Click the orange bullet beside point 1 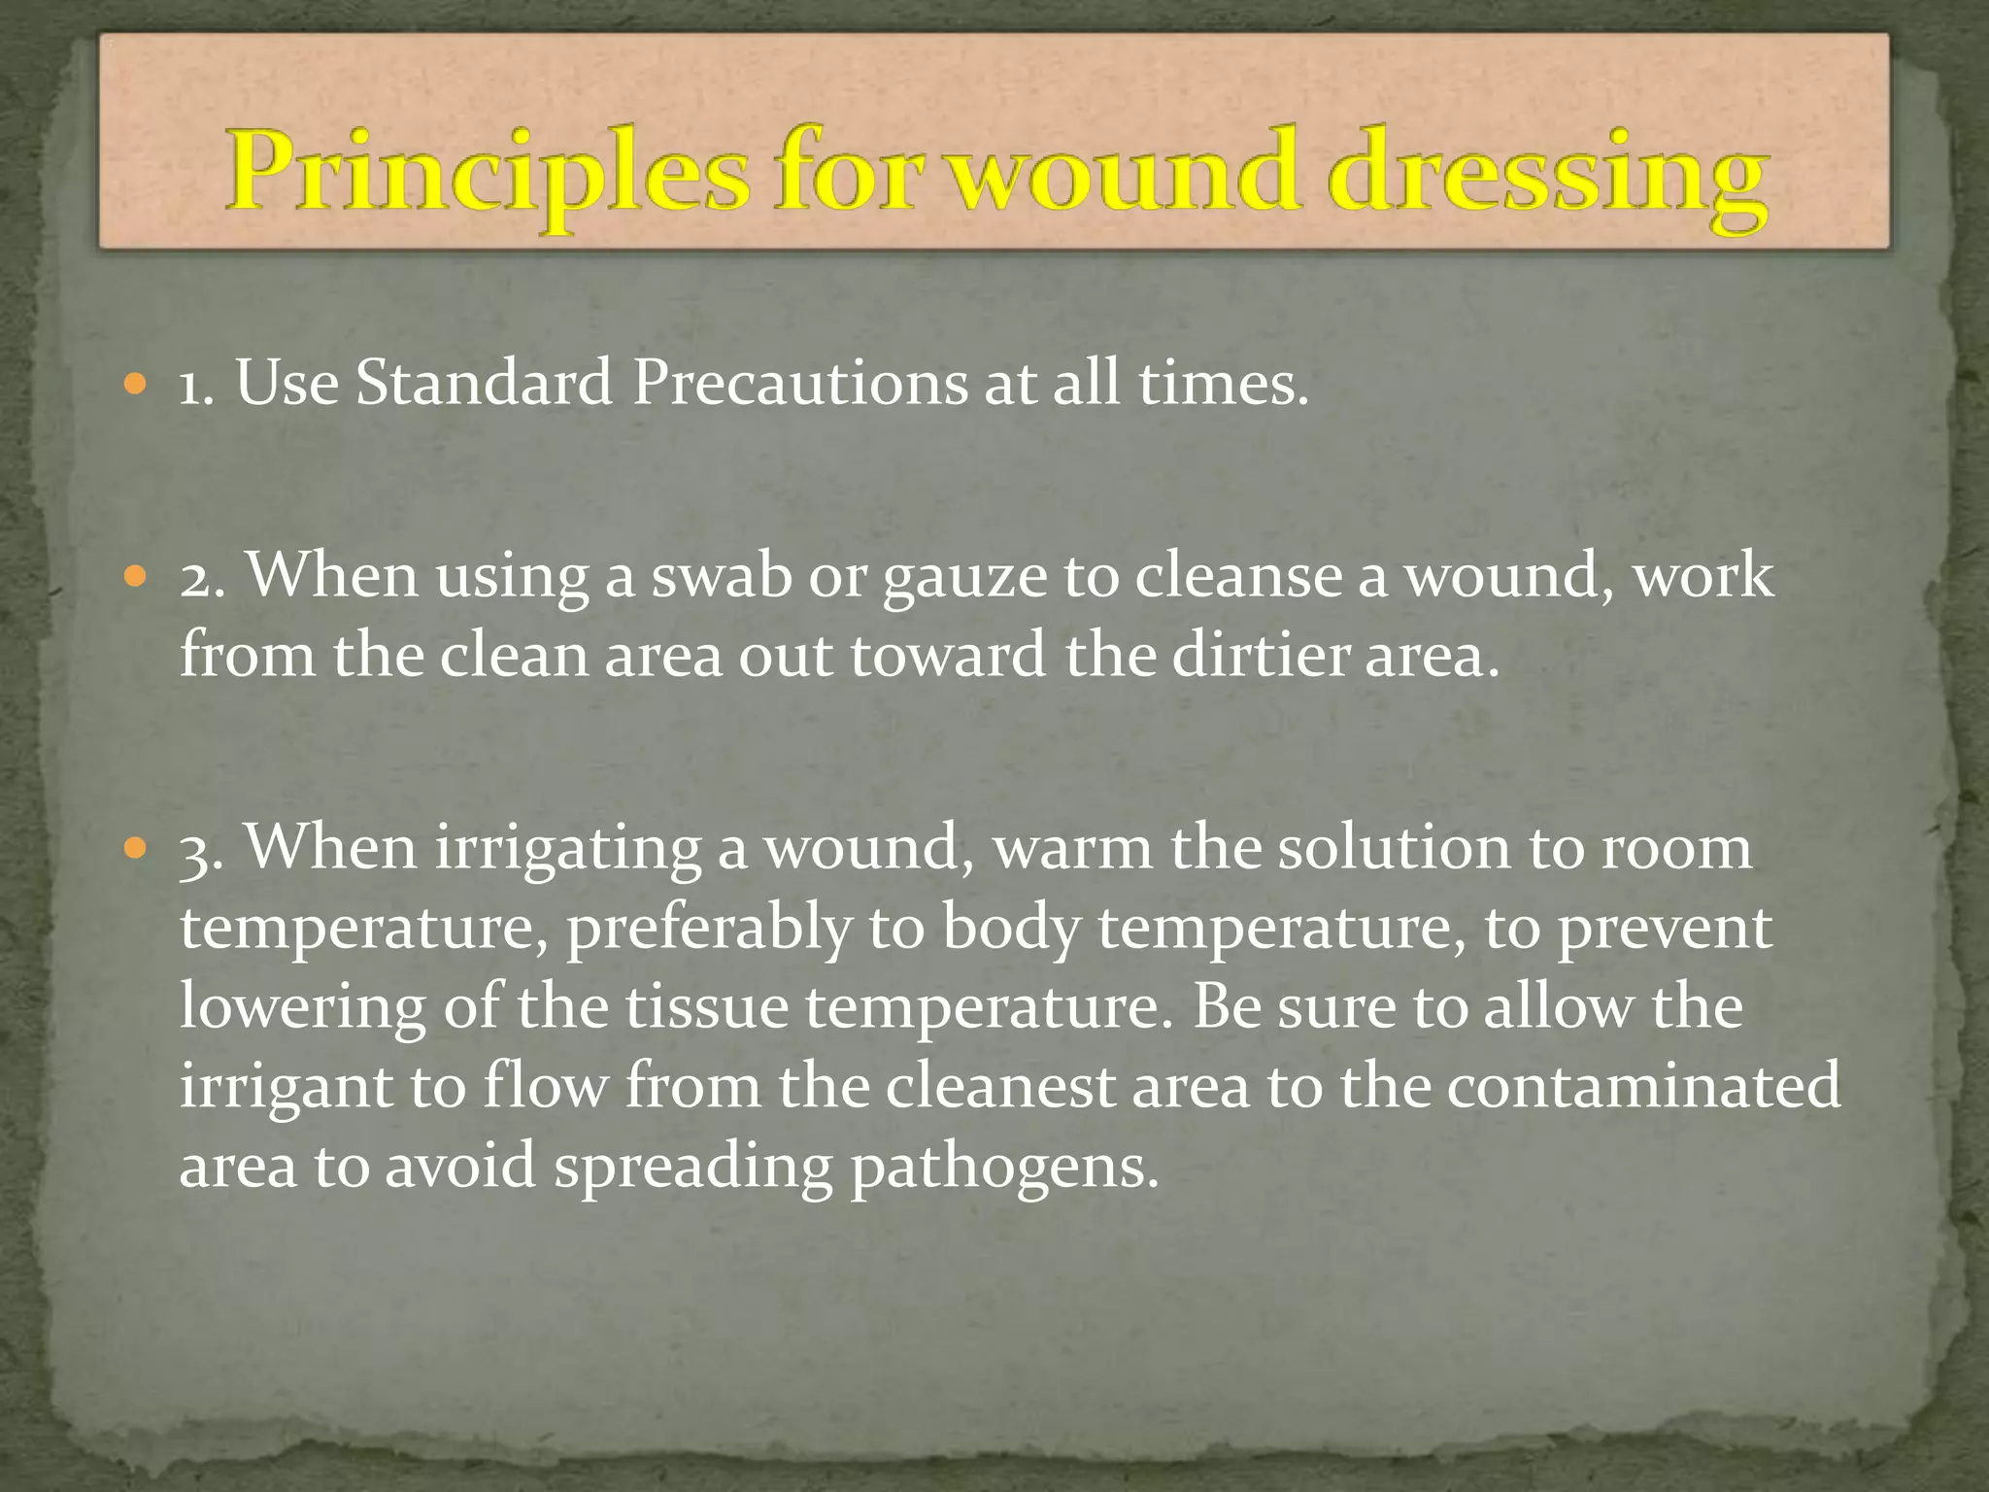pos(136,385)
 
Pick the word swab pos(721,576)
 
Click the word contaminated pos(1643,1085)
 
